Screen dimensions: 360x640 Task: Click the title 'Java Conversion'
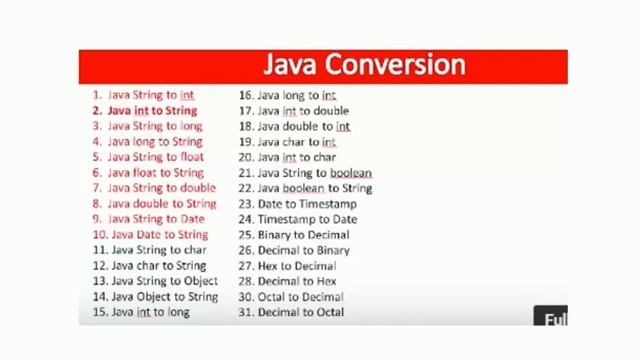point(364,65)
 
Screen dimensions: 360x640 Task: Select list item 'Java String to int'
point(150,95)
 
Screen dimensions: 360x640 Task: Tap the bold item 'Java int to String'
point(152,111)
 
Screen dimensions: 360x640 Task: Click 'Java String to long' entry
point(155,126)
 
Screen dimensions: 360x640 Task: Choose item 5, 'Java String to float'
point(155,157)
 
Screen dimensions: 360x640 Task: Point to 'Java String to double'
point(161,188)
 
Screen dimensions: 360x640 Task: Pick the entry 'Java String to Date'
point(156,219)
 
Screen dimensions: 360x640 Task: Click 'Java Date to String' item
point(160,235)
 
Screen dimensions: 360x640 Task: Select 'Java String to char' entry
point(159,250)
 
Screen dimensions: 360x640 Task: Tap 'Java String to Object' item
point(164,281)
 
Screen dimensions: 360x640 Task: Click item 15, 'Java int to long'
point(150,312)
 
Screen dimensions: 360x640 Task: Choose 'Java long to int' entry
point(296,95)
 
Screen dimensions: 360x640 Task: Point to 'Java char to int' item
point(296,142)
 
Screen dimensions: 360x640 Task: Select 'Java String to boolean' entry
point(314,173)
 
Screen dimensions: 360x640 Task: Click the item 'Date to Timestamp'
point(306,204)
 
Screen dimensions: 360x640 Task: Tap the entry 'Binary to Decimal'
point(303,235)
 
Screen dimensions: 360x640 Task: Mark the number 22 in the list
point(245,188)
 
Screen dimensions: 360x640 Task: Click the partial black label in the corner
point(553,318)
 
